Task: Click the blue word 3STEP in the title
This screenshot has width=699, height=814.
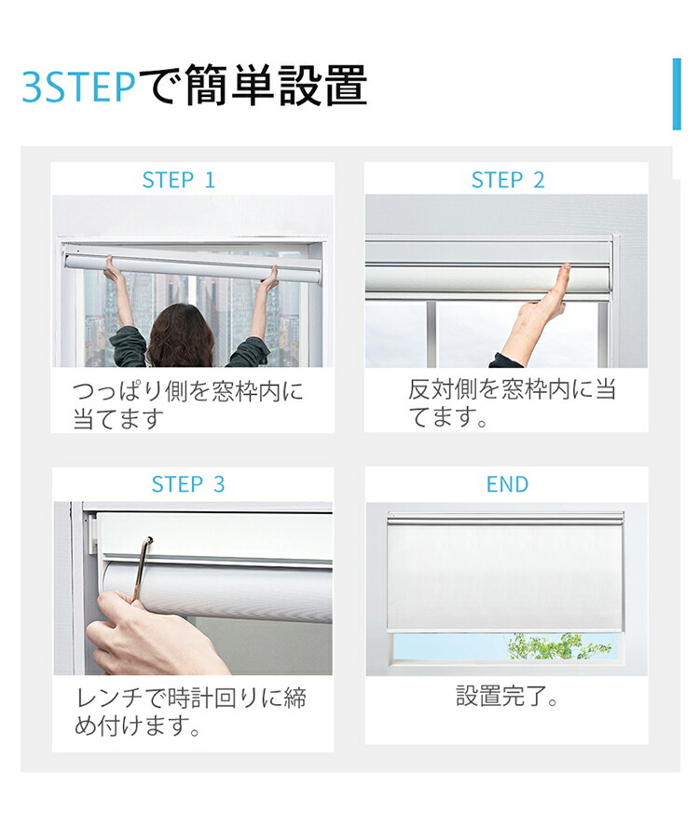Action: tap(78, 87)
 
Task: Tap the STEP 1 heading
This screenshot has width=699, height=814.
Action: tap(178, 180)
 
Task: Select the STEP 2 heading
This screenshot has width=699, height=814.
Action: tap(507, 180)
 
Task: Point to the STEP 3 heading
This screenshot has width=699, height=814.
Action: tap(188, 484)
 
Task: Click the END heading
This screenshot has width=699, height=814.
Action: tap(507, 484)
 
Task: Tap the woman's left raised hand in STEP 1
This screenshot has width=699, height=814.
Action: tap(114, 270)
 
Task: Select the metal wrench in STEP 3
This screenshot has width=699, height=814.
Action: tap(142, 568)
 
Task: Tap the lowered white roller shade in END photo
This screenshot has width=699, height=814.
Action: tap(504, 573)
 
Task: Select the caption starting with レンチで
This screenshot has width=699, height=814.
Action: tap(190, 712)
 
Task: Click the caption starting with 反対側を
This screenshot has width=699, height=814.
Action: tap(512, 402)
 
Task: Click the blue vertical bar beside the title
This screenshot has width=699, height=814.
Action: tap(677, 93)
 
